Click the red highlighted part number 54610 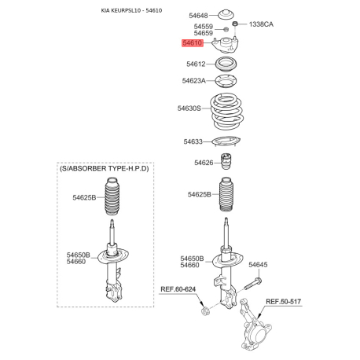click(193, 42)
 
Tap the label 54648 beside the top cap click(198, 16)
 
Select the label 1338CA click(261, 24)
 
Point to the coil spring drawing click(227, 111)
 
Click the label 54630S click(189, 108)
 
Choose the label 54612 click(196, 64)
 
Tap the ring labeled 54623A click(226, 81)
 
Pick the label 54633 click(193, 141)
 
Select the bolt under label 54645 click(253, 284)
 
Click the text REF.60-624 click(178, 289)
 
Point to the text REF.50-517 click(283, 302)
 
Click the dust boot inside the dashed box click(114, 197)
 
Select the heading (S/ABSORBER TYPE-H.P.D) click(105, 168)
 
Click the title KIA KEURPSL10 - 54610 click(131, 10)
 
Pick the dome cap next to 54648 click(226, 15)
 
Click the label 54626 click(204, 163)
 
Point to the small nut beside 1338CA click(235, 24)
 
